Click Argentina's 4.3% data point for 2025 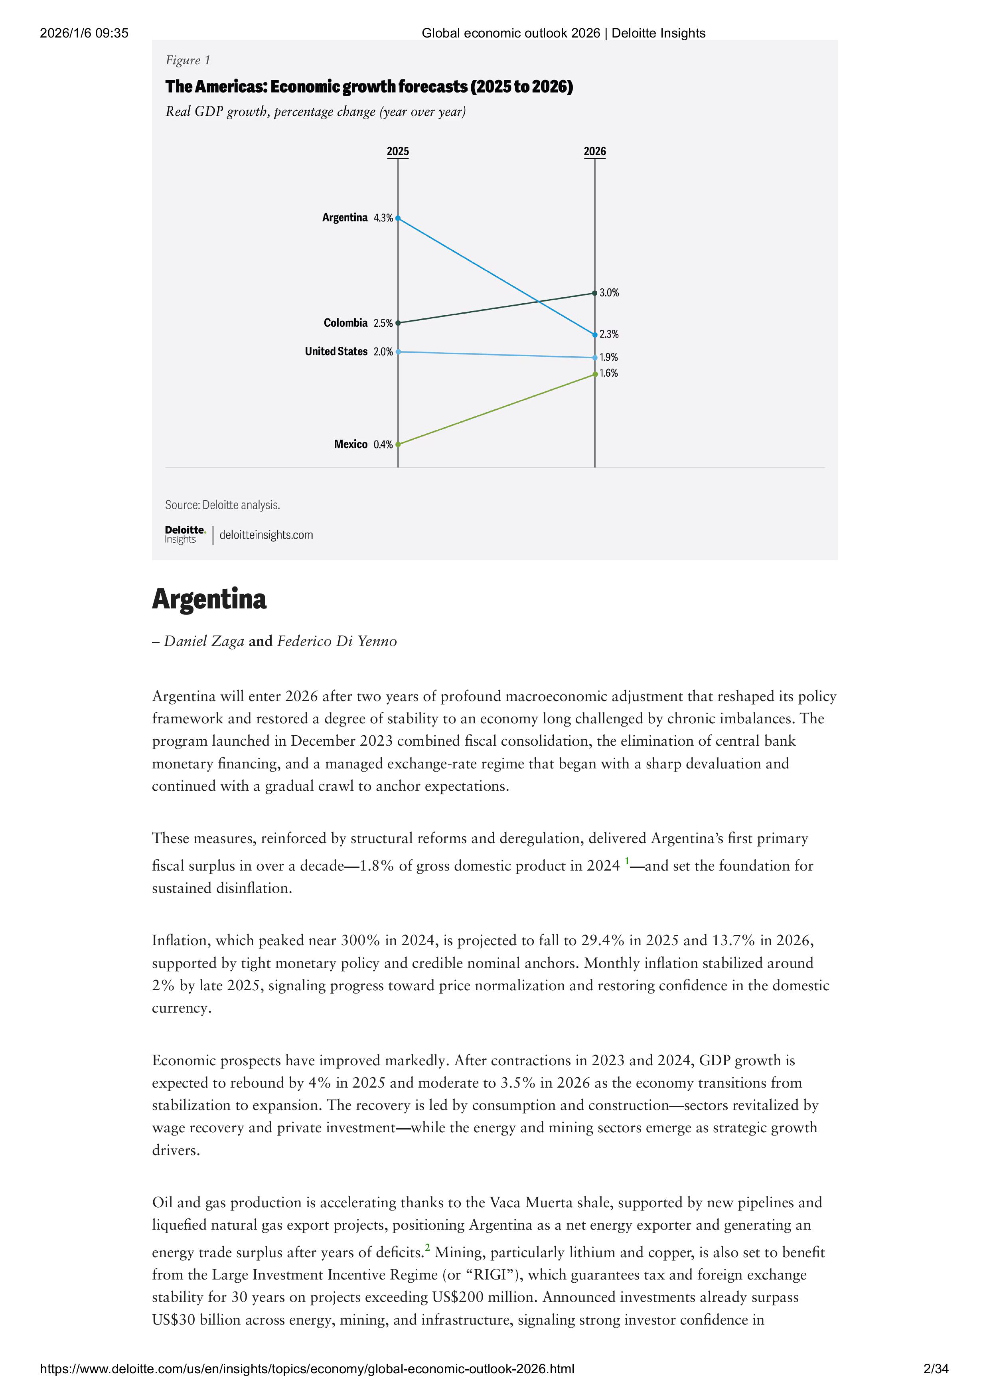pyautogui.click(x=398, y=218)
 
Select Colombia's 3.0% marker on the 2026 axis pyautogui.click(x=594, y=293)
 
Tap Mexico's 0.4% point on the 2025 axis pyautogui.click(x=398, y=444)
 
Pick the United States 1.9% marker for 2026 pyautogui.click(x=594, y=358)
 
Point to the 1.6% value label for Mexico pyautogui.click(x=608, y=373)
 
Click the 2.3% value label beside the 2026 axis pyautogui.click(x=608, y=334)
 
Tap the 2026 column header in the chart pyautogui.click(x=594, y=151)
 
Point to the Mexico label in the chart pyautogui.click(x=351, y=444)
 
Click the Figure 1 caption pyautogui.click(x=188, y=60)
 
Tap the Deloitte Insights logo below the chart pyautogui.click(x=185, y=534)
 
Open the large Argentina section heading pyautogui.click(x=209, y=599)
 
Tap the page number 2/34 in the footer pyautogui.click(x=936, y=1369)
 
